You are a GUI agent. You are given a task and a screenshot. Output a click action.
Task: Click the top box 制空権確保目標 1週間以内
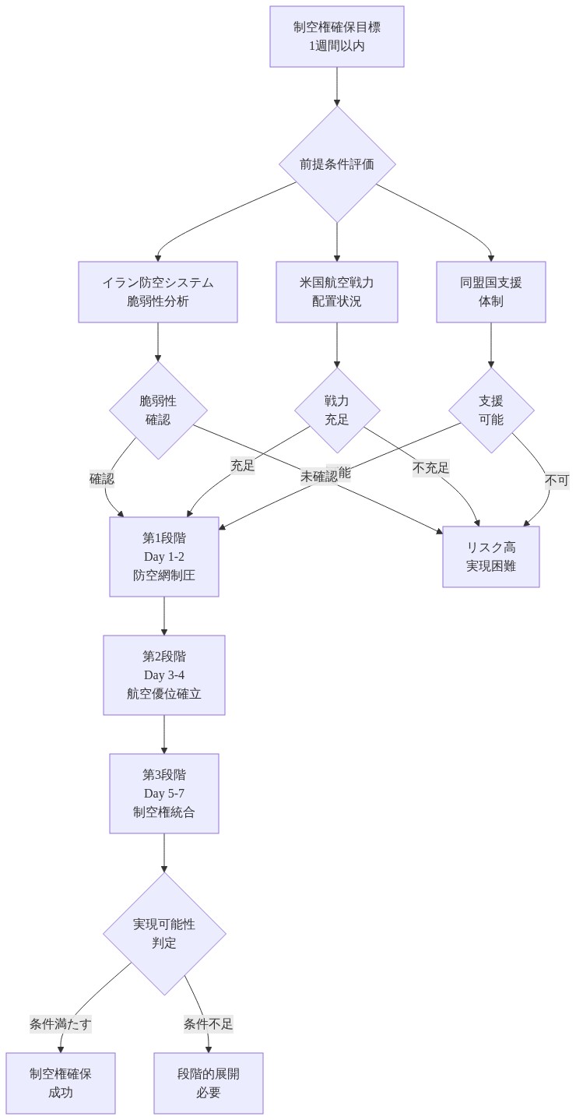pos(336,37)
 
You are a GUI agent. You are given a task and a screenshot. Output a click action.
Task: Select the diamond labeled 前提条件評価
pos(337,164)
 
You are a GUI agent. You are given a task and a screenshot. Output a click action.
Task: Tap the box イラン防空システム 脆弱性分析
pos(157,292)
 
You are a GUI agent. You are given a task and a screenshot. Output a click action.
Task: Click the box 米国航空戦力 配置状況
pos(336,292)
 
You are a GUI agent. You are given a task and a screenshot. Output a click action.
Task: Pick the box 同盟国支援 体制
pos(490,292)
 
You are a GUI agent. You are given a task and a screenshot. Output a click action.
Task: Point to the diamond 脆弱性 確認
pos(158,410)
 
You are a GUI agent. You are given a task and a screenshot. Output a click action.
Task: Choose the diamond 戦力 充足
pos(337,410)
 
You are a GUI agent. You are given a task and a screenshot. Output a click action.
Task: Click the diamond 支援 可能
pos(491,410)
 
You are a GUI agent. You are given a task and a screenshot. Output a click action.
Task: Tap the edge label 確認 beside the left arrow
pos(101,479)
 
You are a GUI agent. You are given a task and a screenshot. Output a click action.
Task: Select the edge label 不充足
pos(430,467)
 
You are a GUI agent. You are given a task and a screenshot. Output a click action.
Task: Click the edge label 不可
pos(557,481)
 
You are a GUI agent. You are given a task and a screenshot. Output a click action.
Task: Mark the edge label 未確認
pos(318,476)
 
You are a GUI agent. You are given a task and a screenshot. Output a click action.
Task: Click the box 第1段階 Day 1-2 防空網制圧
pos(164,557)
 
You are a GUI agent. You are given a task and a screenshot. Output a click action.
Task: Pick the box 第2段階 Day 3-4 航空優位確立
pos(164,675)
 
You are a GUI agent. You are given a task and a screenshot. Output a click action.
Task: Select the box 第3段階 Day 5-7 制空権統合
pos(164,794)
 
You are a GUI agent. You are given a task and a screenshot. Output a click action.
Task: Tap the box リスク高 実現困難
pos(490,557)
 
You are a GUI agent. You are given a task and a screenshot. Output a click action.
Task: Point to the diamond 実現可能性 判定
pos(164,934)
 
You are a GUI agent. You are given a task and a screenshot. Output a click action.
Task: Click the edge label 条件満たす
pos(61,1024)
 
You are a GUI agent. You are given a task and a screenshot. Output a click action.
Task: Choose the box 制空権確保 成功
pos(61,1083)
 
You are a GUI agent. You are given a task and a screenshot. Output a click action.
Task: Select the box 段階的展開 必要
pos(209,1083)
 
